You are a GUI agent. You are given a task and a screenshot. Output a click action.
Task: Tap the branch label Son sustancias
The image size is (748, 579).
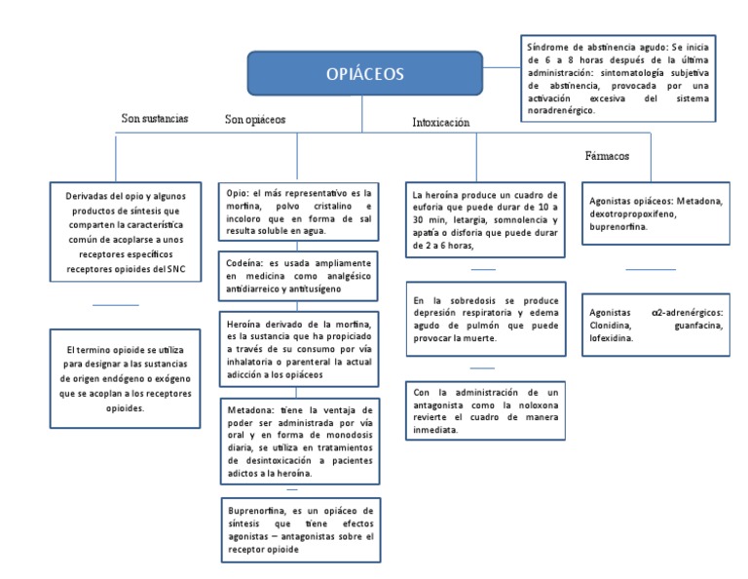[154, 118]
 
